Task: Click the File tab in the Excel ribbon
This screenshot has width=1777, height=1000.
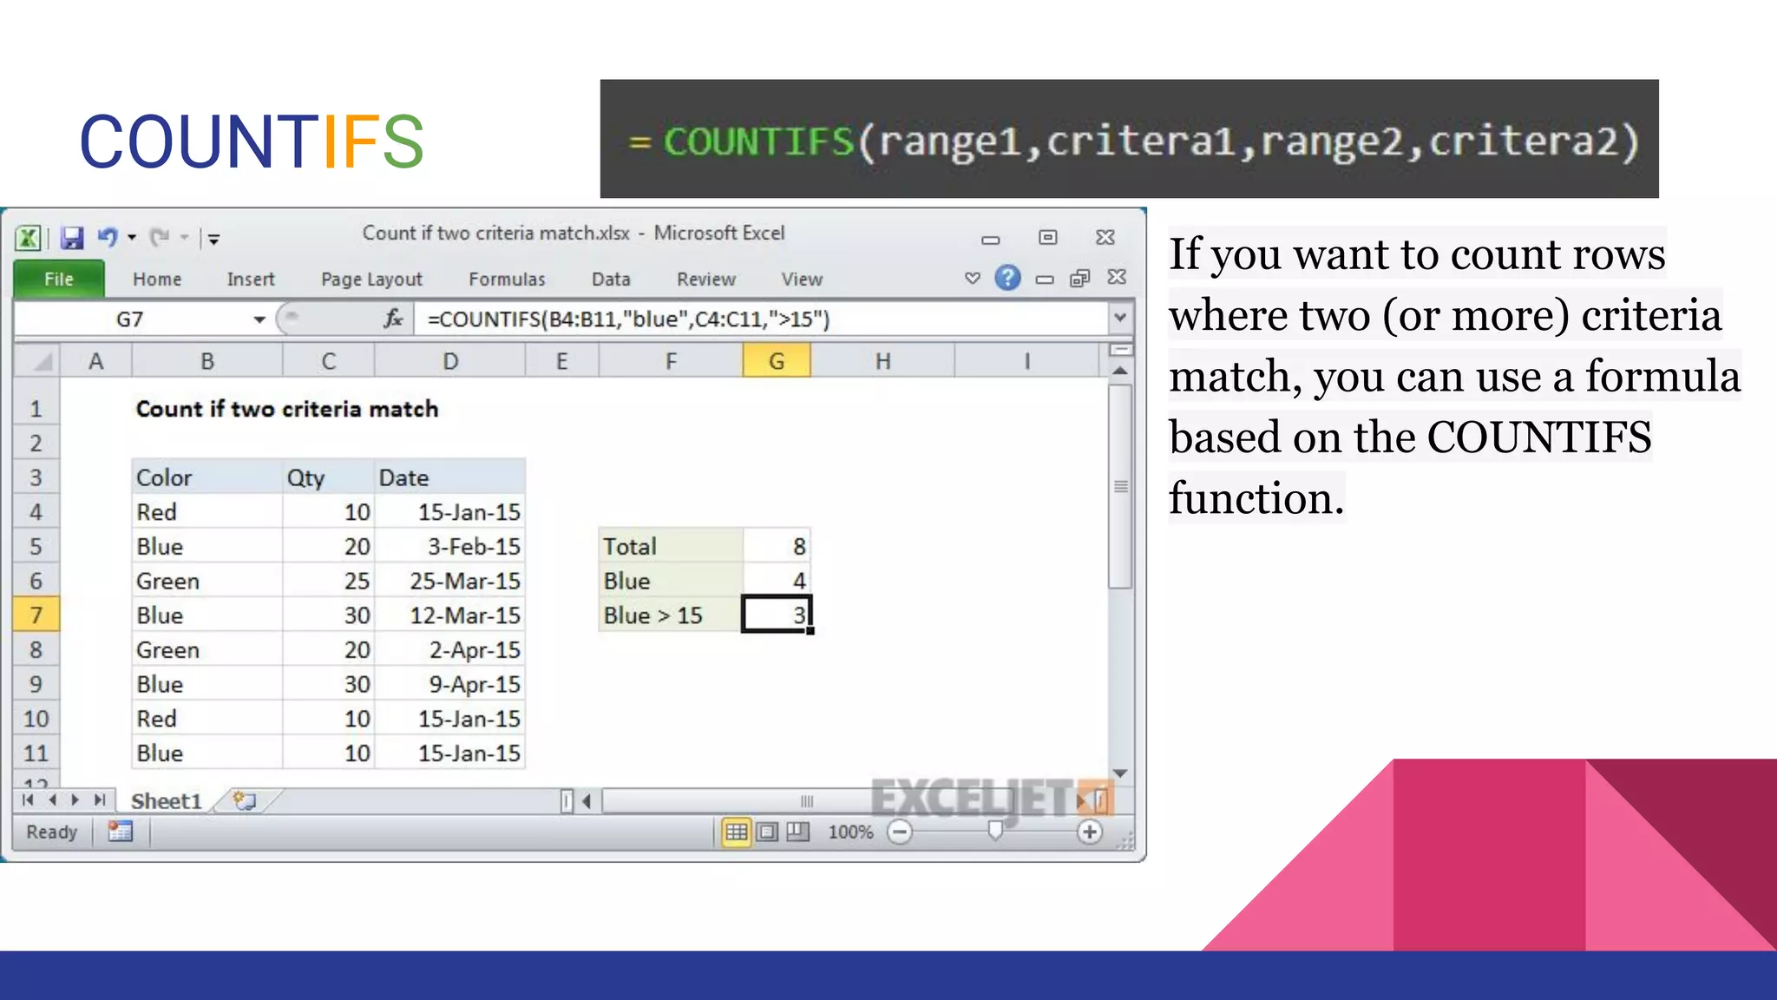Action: (x=59, y=280)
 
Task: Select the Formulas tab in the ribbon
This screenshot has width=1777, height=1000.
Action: (x=507, y=280)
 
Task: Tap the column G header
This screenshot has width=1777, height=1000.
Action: (x=777, y=361)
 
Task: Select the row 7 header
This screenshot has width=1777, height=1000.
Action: (x=36, y=615)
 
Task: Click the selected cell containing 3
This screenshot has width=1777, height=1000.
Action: (x=777, y=615)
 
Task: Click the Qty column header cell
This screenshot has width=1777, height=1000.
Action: (x=327, y=477)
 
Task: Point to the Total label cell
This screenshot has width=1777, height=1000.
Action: (x=670, y=546)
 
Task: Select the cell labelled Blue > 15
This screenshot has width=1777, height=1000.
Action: (x=670, y=615)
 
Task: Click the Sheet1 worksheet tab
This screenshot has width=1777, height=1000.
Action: (x=166, y=801)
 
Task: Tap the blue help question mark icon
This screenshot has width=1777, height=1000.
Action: (x=1007, y=278)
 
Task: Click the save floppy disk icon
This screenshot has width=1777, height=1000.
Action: (x=72, y=237)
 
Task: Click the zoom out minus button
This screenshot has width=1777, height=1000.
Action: (x=900, y=832)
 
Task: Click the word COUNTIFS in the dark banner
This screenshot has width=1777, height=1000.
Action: (x=759, y=141)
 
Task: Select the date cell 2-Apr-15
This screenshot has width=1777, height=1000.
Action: (x=474, y=650)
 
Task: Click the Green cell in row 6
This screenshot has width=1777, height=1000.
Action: (x=168, y=581)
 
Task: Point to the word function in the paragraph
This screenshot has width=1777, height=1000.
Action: (x=1256, y=499)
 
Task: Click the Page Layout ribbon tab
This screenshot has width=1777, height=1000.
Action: (x=371, y=280)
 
